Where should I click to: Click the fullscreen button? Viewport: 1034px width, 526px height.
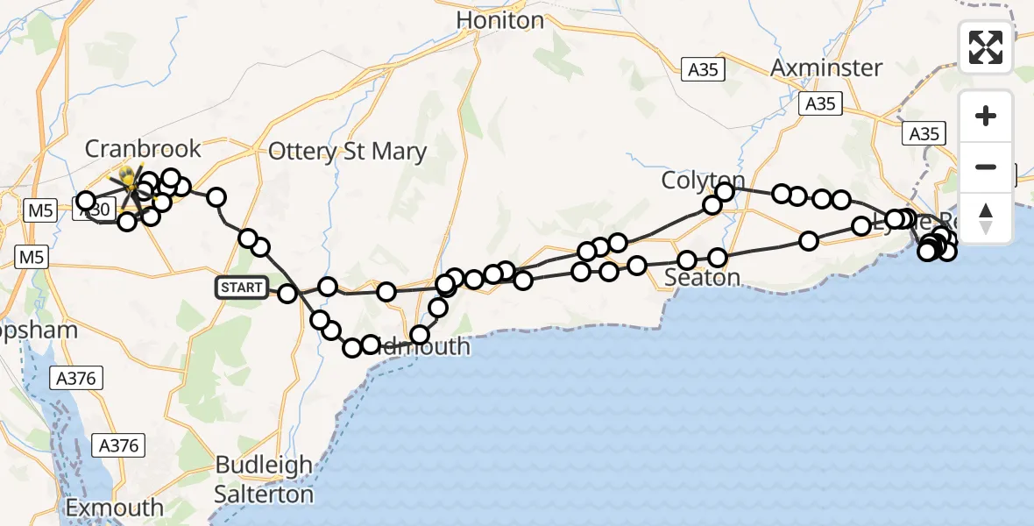click(986, 46)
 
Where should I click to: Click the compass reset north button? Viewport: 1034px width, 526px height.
click(986, 217)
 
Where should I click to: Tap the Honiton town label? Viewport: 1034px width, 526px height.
click(500, 19)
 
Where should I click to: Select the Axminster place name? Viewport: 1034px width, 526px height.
click(826, 68)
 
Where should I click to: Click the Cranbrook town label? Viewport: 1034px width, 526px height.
click(143, 148)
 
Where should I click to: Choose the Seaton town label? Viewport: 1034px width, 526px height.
click(703, 278)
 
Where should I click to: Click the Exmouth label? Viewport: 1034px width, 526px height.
click(115, 507)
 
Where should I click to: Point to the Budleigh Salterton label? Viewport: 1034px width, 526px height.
click(264, 479)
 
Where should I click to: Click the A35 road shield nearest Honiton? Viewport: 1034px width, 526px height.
click(704, 69)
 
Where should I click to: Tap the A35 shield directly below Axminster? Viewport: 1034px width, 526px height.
click(820, 103)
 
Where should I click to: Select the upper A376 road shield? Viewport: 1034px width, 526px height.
click(77, 379)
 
